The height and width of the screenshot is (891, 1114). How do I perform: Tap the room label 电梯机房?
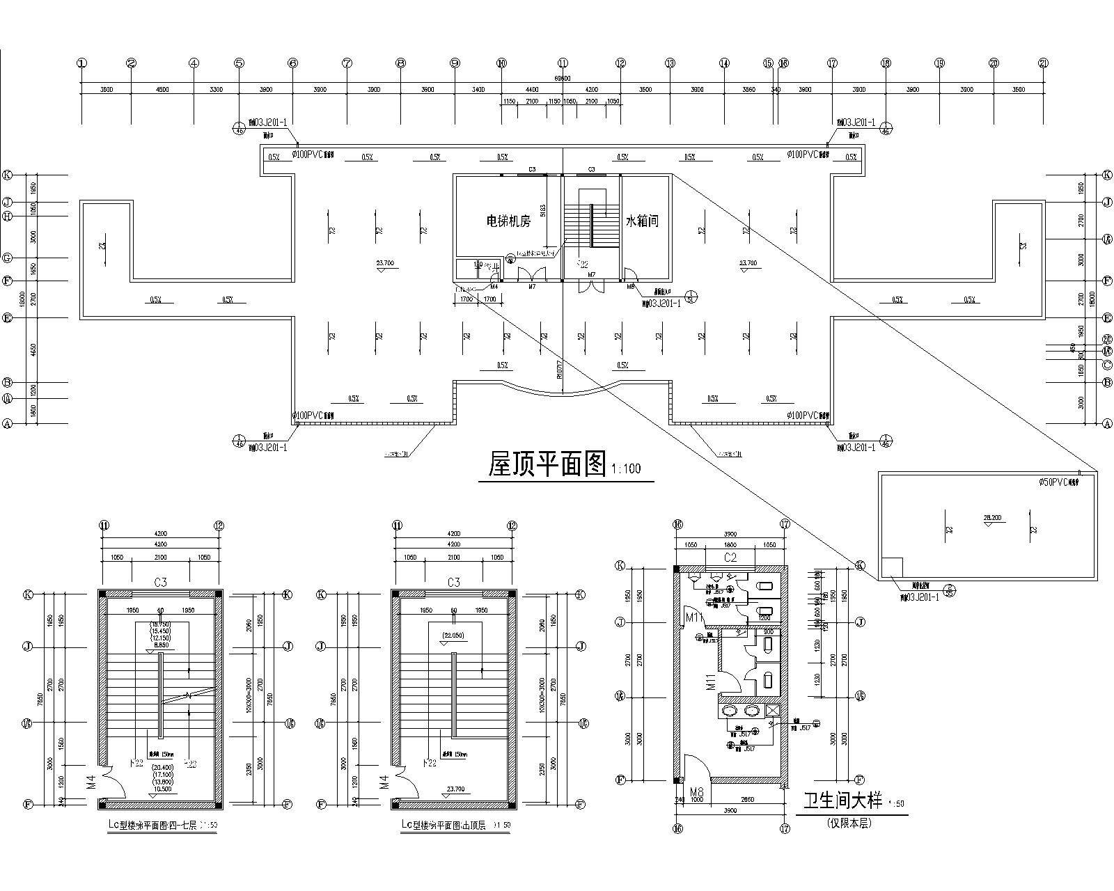[x=508, y=221]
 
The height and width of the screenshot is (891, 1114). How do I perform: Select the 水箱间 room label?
[x=641, y=221]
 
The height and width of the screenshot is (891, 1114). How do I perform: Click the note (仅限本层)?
[x=849, y=823]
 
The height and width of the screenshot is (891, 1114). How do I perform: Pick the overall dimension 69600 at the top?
[x=563, y=79]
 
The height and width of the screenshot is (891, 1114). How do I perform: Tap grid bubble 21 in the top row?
[x=1043, y=63]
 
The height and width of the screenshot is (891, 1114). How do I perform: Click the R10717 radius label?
[x=560, y=369]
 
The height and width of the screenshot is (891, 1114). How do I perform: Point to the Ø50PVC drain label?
[x=1058, y=482]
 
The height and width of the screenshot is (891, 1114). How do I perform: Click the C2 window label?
[x=730, y=558]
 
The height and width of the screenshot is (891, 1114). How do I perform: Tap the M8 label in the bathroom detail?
[x=696, y=792]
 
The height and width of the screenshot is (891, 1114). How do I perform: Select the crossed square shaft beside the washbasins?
[x=773, y=711]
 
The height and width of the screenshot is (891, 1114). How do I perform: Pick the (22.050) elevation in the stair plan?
[x=453, y=634]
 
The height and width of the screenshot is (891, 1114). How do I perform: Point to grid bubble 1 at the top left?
[x=82, y=63]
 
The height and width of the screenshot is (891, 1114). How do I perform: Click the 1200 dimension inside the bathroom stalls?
[x=764, y=617]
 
